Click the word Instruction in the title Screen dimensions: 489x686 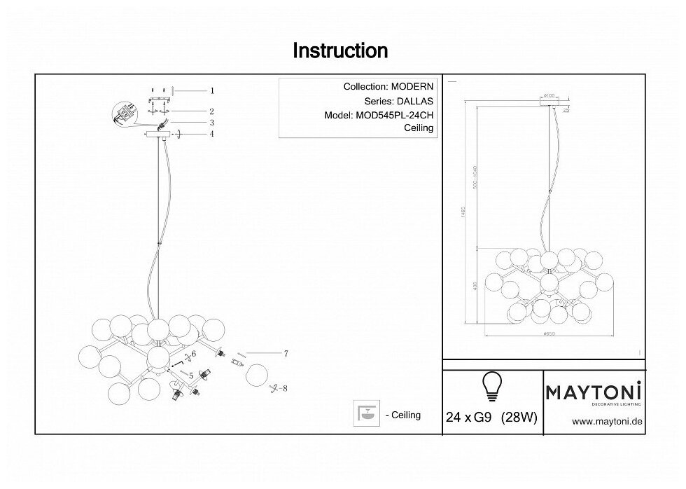click(x=339, y=50)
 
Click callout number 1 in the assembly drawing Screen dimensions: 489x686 click(x=211, y=90)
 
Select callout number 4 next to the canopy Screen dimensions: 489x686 click(x=211, y=134)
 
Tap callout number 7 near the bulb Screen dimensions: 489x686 click(x=286, y=354)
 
